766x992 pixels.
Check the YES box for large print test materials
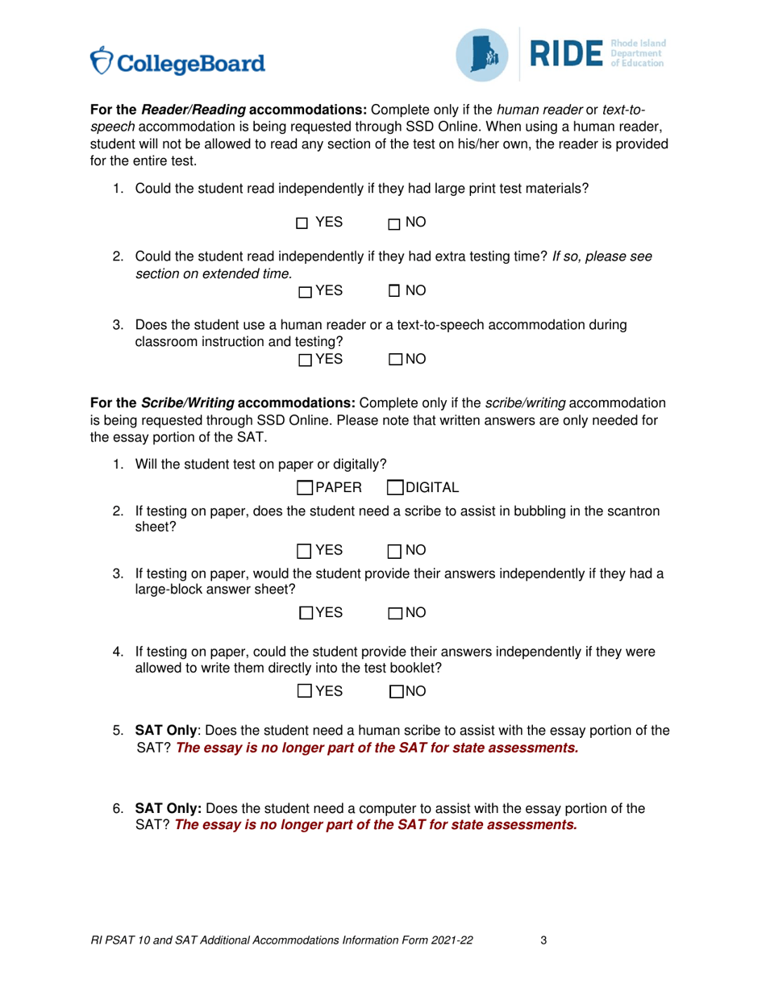point(302,223)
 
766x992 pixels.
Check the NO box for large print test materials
point(394,224)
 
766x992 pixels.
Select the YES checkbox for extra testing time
point(305,292)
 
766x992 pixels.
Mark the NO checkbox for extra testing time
point(394,290)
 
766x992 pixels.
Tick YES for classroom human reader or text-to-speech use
point(305,360)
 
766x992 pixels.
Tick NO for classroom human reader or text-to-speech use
point(395,359)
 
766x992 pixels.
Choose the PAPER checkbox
point(305,487)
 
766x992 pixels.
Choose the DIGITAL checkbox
point(395,487)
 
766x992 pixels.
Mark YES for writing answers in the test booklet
point(305,690)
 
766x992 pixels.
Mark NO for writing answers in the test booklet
point(396,691)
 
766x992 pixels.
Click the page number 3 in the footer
point(544,940)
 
